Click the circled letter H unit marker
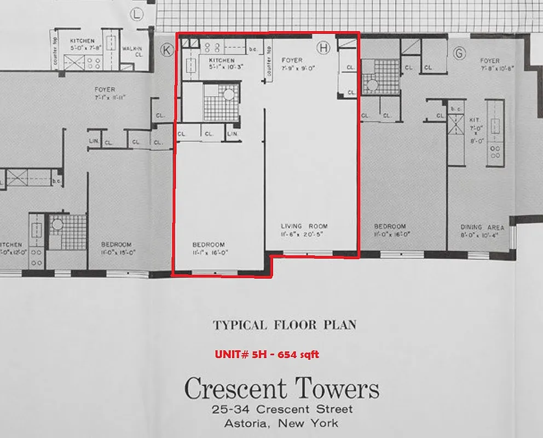click(x=324, y=48)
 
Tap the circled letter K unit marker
click(x=166, y=50)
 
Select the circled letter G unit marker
click(x=459, y=53)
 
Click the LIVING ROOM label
click(x=304, y=226)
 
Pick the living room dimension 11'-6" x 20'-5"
click(x=304, y=234)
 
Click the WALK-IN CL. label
click(x=132, y=51)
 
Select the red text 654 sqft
click(x=298, y=355)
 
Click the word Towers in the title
click(x=335, y=389)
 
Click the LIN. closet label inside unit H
click(x=233, y=134)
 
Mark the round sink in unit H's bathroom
click(x=228, y=95)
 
